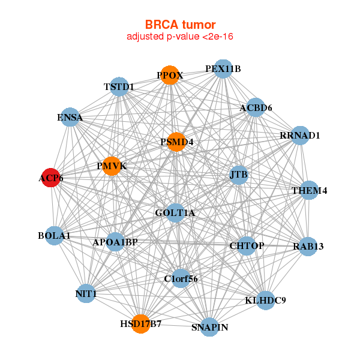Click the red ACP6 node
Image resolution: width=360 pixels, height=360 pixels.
pyautogui.click(x=50, y=178)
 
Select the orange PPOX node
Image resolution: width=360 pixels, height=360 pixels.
pyautogui.click(x=170, y=75)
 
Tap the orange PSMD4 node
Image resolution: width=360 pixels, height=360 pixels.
pyautogui.click(x=176, y=142)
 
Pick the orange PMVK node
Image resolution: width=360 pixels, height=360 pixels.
pyautogui.click(x=112, y=166)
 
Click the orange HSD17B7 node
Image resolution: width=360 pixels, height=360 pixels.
pyautogui.click(x=141, y=324)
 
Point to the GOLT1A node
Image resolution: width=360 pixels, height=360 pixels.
pyautogui.click(x=175, y=212)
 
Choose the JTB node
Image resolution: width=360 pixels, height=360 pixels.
pyautogui.click(x=239, y=175)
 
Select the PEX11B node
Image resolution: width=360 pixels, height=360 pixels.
pyautogui.click(x=223, y=69)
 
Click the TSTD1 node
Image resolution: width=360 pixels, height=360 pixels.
pyautogui.click(x=119, y=87)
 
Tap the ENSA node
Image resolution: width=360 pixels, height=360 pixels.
pyautogui.click(x=71, y=118)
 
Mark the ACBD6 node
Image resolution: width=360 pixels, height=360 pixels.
pyautogui.click(x=256, y=108)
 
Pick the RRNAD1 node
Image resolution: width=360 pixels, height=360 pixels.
pyautogui.click(x=299, y=136)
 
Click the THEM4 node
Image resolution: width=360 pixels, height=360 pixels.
pyautogui.click(x=309, y=191)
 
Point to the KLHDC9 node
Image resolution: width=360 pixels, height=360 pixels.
pyautogui.click(x=266, y=300)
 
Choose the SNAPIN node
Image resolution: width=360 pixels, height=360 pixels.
pyautogui.click(x=209, y=327)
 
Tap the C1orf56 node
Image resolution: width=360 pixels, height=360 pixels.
pyautogui.click(x=181, y=278)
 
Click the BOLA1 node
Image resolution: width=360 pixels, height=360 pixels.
pyautogui.click(x=55, y=236)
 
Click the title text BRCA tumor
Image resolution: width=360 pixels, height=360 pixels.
pyautogui.click(x=179, y=25)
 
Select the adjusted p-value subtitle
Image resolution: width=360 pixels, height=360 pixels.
pyautogui.click(x=179, y=37)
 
